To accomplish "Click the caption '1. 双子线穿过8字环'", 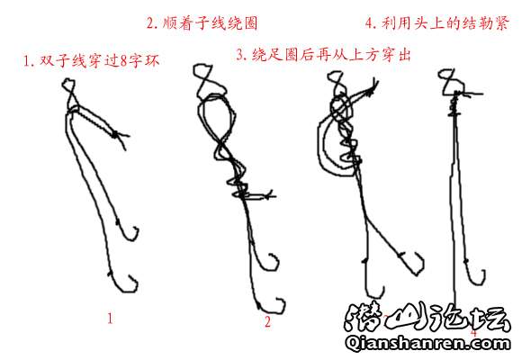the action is point(91,60).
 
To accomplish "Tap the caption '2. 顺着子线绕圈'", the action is point(202,23).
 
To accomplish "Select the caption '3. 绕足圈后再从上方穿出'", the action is point(323,55).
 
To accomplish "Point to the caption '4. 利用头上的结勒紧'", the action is point(437,23).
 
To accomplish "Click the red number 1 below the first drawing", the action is point(110,319).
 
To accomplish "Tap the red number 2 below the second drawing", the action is point(267,321).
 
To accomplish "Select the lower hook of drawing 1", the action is point(123,285).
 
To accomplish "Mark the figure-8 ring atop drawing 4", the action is point(448,82).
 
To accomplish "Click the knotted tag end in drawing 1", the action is point(116,134).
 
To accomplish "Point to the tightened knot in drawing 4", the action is point(454,103).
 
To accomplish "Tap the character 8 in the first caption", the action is point(123,61).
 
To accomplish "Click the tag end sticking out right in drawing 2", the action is point(263,196).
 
